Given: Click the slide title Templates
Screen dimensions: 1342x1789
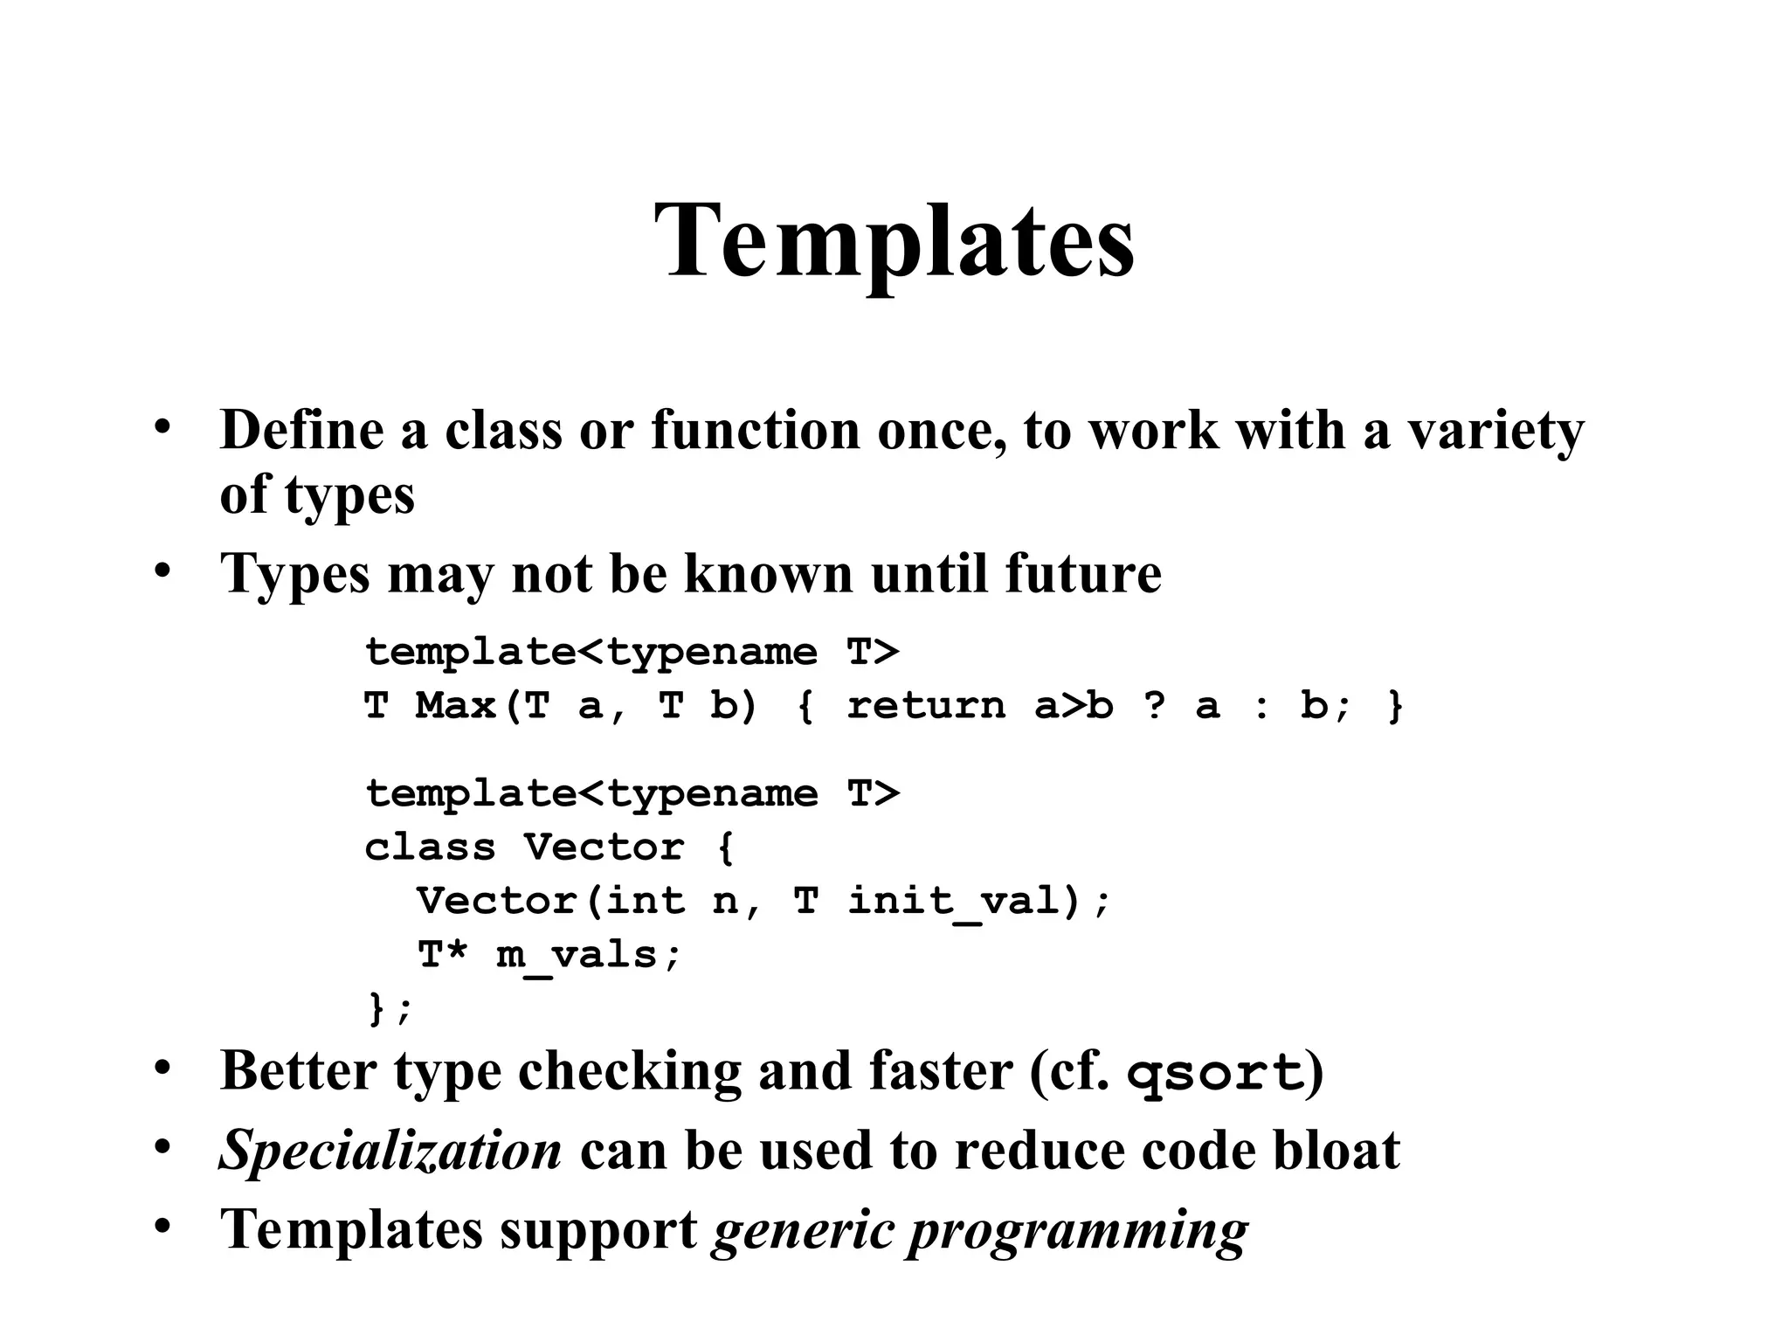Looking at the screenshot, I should [x=894, y=240].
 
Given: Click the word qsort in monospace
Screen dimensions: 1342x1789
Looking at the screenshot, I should [x=1215, y=1073].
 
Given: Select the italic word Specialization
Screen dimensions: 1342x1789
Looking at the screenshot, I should [x=390, y=1151].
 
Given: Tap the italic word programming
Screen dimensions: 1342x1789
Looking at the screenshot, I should [x=1078, y=1231].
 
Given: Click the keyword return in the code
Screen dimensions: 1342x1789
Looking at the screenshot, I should [x=926, y=706].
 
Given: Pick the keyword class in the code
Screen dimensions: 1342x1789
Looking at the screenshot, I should [x=430, y=847].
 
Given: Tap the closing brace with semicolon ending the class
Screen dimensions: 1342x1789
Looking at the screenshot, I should [x=389, y=1009].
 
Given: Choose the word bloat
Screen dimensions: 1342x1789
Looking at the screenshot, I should [x=1336, y=1151].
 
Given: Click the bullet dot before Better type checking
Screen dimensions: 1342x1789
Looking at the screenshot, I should [x=162, y=1068].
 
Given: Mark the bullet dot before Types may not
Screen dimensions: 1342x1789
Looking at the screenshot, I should [x=162, y=571].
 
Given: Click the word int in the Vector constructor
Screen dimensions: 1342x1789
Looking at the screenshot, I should [x=645, y=902].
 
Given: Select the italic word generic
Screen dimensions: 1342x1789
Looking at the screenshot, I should [x=803, y=1231].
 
